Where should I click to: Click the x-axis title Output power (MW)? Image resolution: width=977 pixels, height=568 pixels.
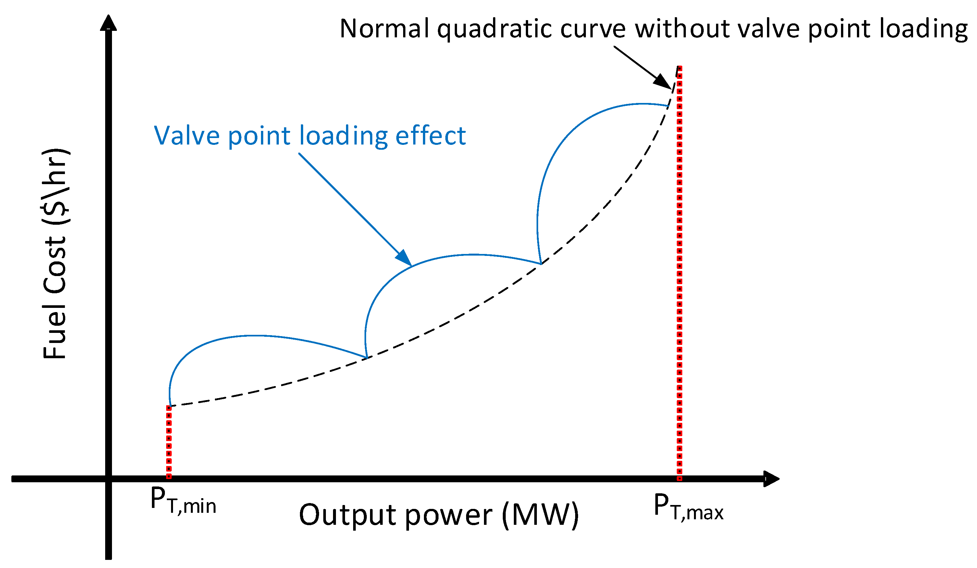[x=439, y=515]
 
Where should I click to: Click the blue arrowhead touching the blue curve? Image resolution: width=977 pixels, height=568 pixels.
[x=404, y=258]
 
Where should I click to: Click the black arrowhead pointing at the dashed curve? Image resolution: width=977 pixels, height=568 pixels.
[x=663, y=82]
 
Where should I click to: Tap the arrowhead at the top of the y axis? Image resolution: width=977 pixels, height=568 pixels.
[x=108, y=23]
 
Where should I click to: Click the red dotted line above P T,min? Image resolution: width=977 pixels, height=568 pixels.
[x=169, y=442]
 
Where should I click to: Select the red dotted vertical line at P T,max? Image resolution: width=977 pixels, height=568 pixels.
[x=679, y=271]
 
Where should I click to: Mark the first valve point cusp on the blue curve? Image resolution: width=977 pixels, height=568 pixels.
[x=366, y=357]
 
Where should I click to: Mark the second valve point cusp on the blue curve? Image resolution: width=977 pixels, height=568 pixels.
[x=541, y=264]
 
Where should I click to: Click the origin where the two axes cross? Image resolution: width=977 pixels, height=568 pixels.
[x=108, y=479]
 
